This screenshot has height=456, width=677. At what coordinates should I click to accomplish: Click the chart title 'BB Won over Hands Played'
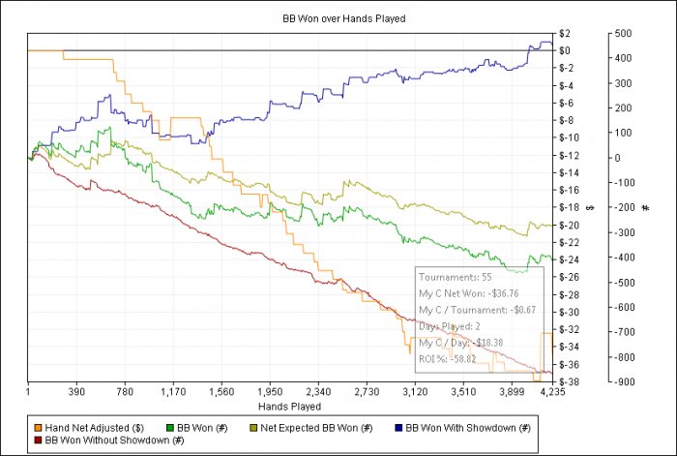(x=338, y=18)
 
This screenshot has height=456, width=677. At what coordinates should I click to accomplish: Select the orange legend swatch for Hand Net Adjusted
(x=38, y=427)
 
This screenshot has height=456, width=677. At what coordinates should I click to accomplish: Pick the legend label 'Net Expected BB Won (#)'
(x=319, y=427)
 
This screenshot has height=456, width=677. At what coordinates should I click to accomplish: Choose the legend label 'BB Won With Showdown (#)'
(x=468, y=427)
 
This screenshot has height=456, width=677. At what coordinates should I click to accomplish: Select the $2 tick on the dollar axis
(x=564, y=33)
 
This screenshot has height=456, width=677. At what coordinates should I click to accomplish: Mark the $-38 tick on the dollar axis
(x=569, y=381)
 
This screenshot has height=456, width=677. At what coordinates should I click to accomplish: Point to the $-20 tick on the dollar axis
(x=569, y=225)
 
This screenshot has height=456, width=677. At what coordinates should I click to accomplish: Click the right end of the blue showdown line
(x=552, y=46)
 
